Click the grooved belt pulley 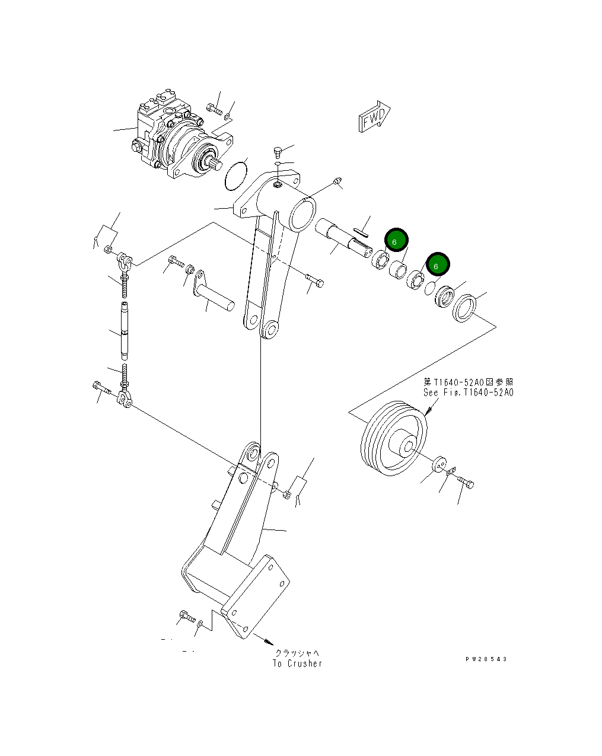coord(393,439)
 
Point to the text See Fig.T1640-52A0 coord(468,393)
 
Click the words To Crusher coord(298,664)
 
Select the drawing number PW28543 coord(486,659)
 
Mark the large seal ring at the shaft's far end coord(464,310)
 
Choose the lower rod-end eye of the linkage coord(125,399)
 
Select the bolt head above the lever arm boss coord(278,152)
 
